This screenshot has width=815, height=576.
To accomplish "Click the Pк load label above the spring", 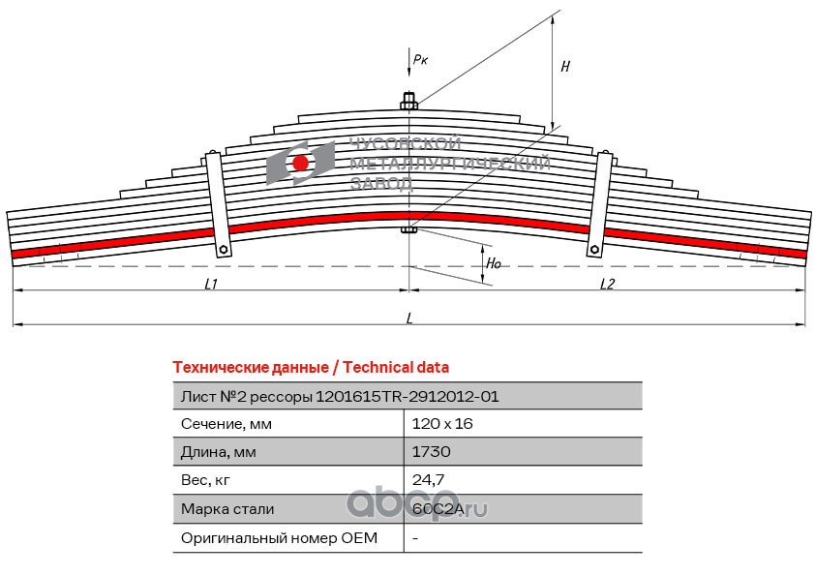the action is pos(420,59).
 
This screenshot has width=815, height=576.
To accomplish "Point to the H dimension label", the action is pos(565,66).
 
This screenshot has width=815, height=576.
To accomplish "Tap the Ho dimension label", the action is pos(494,263).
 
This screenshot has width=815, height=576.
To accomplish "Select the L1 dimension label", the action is pos(210,284).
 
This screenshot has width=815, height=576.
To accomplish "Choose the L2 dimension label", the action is pos(607,284).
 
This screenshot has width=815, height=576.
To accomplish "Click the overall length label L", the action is pos(409,318).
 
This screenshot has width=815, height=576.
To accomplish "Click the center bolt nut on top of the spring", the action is pos(409,102).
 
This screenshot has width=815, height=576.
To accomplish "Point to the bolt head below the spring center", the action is pos(409,229).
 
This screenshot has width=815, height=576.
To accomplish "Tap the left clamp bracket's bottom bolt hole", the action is pos(224,249).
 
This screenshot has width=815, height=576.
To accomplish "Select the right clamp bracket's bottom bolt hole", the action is pos(593,250).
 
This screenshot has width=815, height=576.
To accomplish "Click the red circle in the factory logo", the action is pos(300,164).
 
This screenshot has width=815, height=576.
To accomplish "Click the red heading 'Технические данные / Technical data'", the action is pos(311,368).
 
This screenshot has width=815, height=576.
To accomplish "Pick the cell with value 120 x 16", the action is pos(442,424).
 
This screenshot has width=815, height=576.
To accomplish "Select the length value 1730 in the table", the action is pos(432,451).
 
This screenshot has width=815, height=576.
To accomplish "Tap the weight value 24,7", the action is pos(428,480).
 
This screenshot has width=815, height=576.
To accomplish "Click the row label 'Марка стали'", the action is pos(227,509).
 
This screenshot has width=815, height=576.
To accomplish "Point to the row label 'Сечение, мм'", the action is pos(226,424).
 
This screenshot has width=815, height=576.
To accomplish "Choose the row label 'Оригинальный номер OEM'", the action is pos(279,537).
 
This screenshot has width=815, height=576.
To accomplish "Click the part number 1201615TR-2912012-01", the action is pos(407,397).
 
